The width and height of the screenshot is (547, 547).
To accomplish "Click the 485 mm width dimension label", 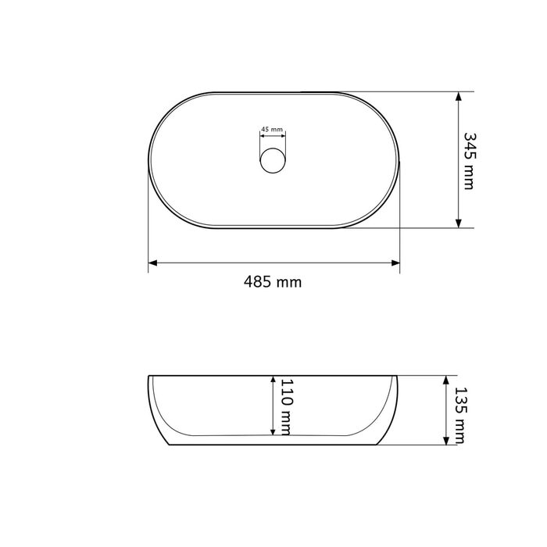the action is [x=273, y=281].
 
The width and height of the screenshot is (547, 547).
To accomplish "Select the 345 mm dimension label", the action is [x=469, y=161].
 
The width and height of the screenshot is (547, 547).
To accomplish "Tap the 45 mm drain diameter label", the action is [x=272, y=129].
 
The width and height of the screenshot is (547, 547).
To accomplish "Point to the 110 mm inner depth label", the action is [x=286, y=407].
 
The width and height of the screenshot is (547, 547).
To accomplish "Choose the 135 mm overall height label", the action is [x=460, y=415].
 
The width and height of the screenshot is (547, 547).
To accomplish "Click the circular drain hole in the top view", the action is [x=273, y=160].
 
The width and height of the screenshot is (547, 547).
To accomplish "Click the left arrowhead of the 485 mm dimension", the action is [x=152, y=263].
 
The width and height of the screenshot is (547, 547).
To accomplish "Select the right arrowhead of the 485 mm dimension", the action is [x=395, y=263].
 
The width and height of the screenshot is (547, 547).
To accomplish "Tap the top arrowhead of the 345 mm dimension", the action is [x=459, y=96].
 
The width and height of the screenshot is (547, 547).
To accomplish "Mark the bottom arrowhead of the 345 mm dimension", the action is [x=459, y=223].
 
